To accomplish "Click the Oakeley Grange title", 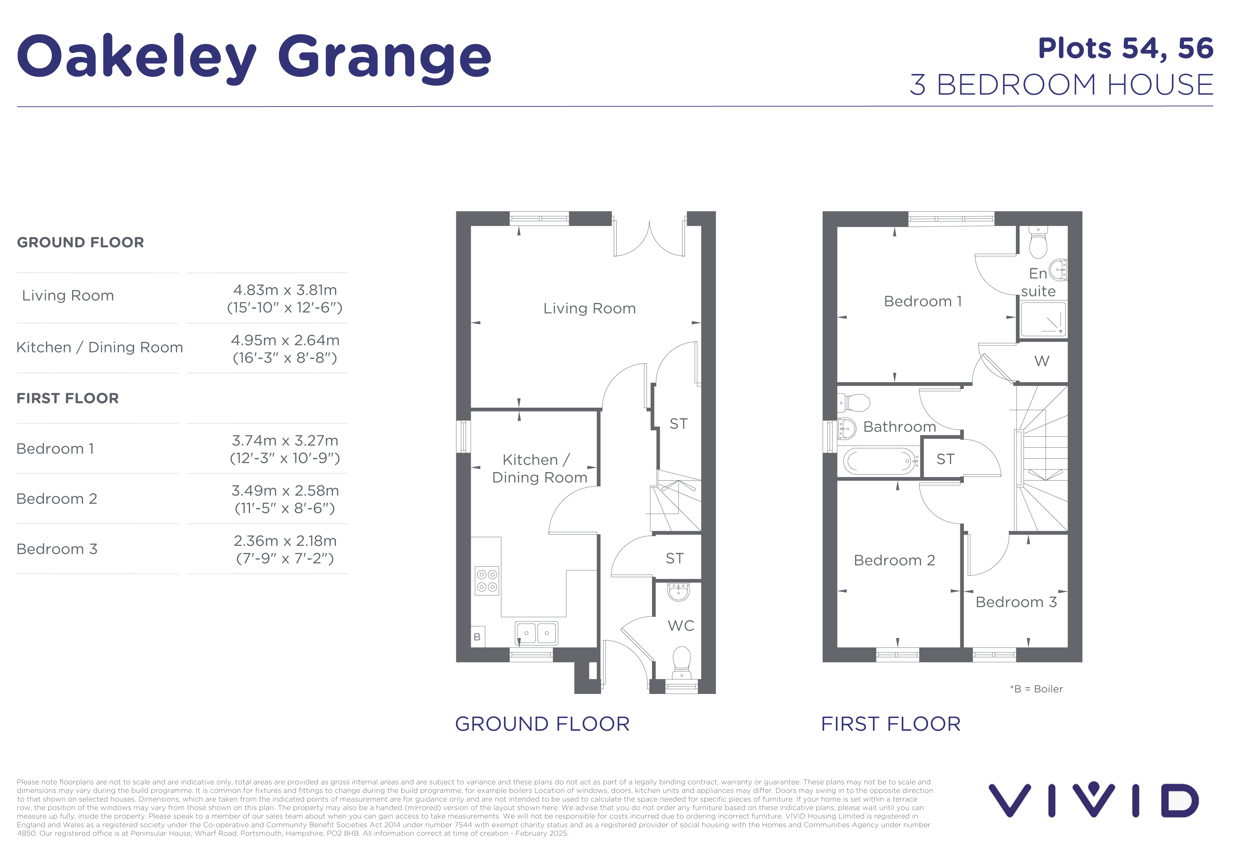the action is (254, 57).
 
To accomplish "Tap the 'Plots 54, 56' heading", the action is (1126, 49).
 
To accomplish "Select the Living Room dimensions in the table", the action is (285, 299).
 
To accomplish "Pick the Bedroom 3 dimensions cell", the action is (285, 549).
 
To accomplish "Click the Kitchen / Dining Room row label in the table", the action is (100, 348).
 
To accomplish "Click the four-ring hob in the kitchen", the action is (487, 581).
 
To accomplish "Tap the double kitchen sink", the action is (536, 633).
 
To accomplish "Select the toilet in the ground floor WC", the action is (681, 662).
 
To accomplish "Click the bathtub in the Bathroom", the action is (880, 461).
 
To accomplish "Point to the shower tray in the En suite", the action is (1043, 319).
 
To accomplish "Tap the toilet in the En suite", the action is (1038, 242).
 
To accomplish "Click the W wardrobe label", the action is (1042, 361).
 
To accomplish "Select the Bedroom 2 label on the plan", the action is (894, 560).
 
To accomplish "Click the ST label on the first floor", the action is (945, 459).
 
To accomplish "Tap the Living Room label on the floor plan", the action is (589, 309).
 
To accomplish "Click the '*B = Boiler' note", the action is (1036, 689).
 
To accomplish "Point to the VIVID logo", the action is (1094, 799).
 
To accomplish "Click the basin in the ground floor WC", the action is (679, 592).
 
